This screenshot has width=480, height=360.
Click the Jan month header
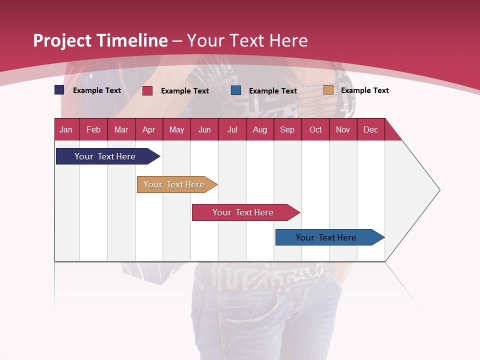pos(66,129)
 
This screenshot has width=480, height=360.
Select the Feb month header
pos(93,129)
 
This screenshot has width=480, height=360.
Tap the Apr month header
pos(149,129)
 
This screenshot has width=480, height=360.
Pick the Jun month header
pos(204,129)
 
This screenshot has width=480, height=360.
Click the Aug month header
pos(260,129)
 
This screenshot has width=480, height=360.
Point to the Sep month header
pos(287,129)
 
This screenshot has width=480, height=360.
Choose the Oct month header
pos(315,129)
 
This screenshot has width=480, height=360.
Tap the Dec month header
pos(371,129)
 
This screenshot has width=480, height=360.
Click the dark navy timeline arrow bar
pos(105,156)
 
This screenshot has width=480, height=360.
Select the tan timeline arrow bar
pos(174,184)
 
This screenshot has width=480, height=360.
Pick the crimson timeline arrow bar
pos(243,212)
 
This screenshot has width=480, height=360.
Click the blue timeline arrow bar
pos(326,237)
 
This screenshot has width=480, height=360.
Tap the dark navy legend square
pos(59,90)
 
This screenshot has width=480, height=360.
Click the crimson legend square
pos(147,90)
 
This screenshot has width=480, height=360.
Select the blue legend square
pos(236,90)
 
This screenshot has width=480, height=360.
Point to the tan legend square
pos(328,90)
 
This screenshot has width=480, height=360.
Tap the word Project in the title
pos(62,40)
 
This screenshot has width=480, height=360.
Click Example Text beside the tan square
pos(365,90)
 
